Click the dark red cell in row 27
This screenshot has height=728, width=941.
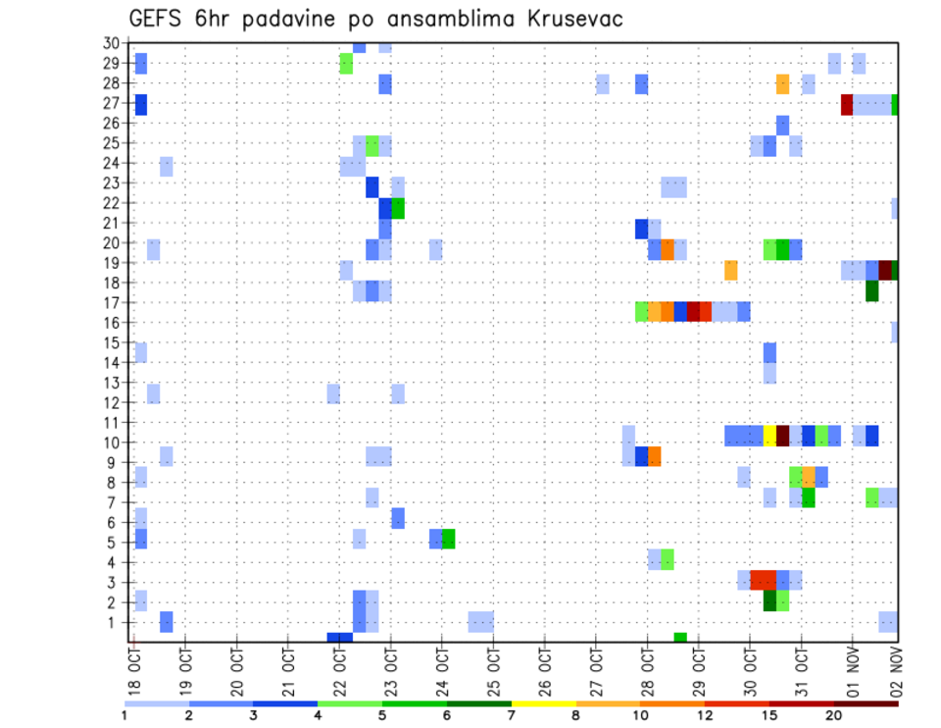point(847,104)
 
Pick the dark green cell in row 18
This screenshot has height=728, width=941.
point(872,290)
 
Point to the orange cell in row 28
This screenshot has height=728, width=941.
point(783,84)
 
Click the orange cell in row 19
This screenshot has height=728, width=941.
point(731,270)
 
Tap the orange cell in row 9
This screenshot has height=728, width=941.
point(655,456)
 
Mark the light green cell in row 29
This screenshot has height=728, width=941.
point(346,63)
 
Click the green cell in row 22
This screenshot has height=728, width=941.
point(398,208)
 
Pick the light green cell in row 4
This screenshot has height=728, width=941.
point(668,559)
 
